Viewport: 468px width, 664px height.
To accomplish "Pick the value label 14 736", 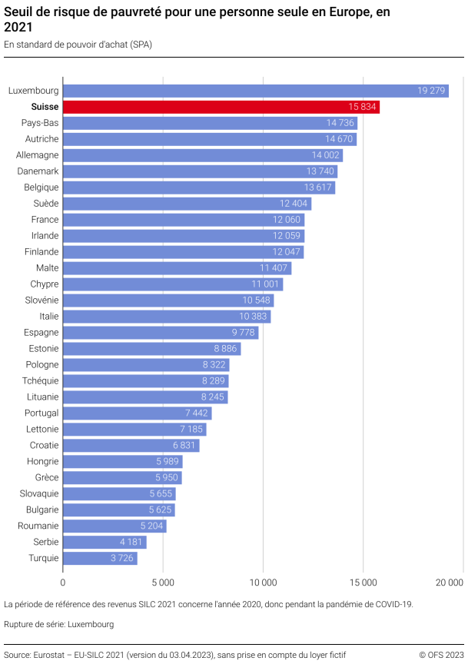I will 340,123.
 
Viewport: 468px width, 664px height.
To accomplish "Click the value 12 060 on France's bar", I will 287,220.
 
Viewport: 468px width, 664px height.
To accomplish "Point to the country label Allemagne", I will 38,155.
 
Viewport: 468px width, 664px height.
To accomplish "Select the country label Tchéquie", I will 41,381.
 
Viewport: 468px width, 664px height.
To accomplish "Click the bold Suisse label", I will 45,107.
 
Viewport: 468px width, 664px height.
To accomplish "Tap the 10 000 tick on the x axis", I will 263,583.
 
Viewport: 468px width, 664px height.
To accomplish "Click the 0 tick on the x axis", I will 63,583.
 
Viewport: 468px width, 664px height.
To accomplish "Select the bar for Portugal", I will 137,413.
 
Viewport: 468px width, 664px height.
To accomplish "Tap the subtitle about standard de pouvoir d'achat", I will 78,45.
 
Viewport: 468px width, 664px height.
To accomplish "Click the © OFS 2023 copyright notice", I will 441,654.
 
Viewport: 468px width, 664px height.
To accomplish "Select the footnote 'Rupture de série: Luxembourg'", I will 59,624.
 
